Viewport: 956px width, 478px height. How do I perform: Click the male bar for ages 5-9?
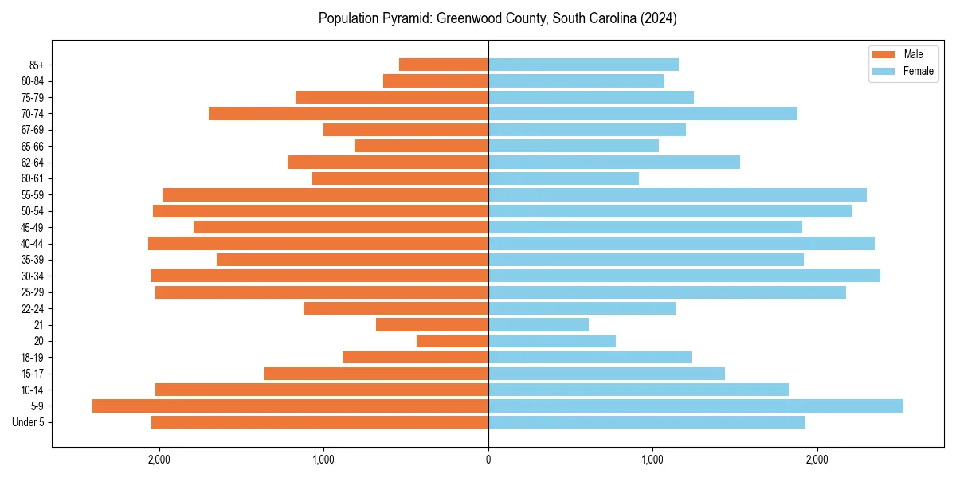290,406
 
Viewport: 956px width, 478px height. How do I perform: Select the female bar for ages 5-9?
695,406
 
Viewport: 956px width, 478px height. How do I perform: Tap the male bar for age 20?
453,341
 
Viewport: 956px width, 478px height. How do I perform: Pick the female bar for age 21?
539,324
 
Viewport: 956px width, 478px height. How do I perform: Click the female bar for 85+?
583,65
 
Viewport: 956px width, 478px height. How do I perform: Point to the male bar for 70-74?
348,113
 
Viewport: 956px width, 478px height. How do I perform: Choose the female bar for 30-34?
684,276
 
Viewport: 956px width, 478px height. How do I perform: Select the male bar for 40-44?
318,243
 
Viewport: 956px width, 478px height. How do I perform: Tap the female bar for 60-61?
563,178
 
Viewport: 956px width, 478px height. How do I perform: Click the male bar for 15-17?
376,373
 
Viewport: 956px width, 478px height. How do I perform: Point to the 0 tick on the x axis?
488,460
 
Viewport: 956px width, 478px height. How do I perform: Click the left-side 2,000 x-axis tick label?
159,460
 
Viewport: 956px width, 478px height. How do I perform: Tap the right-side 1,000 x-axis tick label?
652,460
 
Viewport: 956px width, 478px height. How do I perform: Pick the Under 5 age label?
28,422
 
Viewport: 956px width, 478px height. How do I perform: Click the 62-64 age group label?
33,162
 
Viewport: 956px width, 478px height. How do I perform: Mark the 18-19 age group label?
33,357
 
